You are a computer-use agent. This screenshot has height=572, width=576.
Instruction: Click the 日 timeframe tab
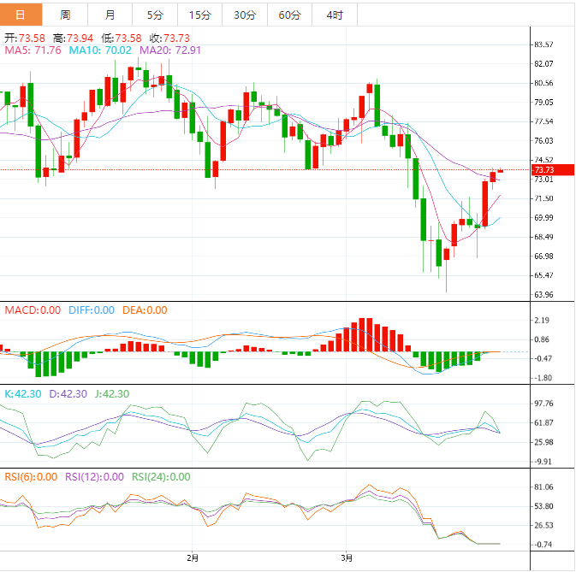coord(21,15)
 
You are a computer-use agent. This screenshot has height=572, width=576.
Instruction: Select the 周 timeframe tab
coord(66,15)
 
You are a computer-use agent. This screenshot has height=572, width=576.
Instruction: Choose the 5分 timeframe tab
coord(155,15)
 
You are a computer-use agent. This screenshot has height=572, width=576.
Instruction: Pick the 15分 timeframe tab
coord(199,15)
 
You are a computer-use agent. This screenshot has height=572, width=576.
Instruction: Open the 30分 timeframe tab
coord(244,15)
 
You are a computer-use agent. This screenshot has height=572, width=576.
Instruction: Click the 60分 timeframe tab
coord(289,15)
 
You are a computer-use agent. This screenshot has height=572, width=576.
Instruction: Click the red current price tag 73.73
coord(545,170)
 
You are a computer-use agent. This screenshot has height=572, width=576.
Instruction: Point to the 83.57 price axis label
coord(544,44)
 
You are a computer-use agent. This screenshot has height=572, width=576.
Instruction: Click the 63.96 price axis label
coord(544,295)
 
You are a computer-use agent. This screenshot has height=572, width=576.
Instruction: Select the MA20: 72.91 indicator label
coord(170,50)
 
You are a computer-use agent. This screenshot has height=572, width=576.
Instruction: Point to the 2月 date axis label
coord(193,558)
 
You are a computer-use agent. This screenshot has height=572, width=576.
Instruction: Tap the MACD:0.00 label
coord(33,310)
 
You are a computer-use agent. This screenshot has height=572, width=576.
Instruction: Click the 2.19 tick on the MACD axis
coord(542,321)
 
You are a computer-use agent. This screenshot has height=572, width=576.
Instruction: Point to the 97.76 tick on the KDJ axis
coord(544,404)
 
